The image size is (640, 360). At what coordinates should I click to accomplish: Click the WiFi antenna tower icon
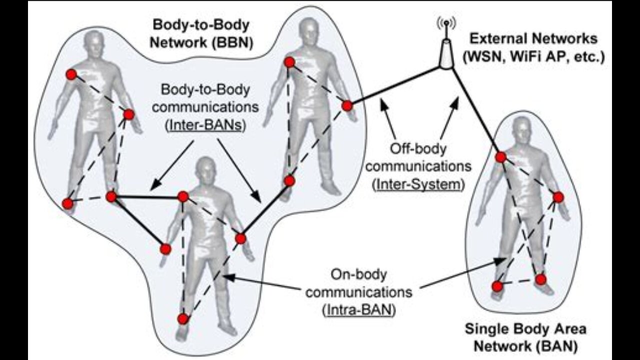tap(444, 47)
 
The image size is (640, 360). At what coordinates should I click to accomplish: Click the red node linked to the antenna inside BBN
tap(347, 105)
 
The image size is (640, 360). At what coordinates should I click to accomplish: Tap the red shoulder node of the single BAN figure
tap(501, 157)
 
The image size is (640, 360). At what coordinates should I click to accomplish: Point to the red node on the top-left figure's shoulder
tap(71, 74)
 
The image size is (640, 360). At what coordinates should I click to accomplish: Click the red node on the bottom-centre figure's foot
tap(183, 318)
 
